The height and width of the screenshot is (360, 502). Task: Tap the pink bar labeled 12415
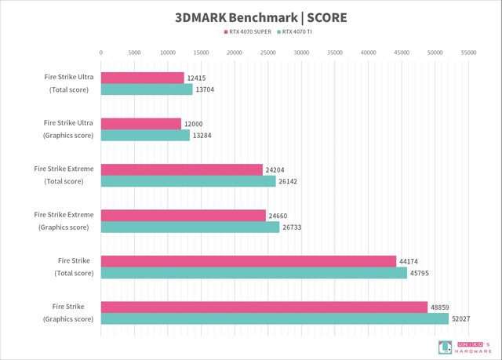(x=142, y=78)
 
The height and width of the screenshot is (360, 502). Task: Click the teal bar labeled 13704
(x=147, y=89)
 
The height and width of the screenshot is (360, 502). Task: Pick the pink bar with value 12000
(x=141, y=123)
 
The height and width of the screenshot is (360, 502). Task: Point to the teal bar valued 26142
(x=188, y=181)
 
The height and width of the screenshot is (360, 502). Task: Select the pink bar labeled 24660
(x=184, y=215)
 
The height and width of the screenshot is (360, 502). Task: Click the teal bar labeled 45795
(x=254, y=273)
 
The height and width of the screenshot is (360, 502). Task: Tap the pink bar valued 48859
(x=264, y=307)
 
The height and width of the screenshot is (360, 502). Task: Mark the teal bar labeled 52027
(x=275, y=318)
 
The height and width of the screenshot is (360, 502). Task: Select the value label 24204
(x=277, y=169)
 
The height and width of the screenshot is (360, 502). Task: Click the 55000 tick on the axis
(x=469, y=53)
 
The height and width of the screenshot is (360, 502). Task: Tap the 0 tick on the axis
(x=101, y=53)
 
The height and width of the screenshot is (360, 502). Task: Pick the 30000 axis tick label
(x=302, y=53)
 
